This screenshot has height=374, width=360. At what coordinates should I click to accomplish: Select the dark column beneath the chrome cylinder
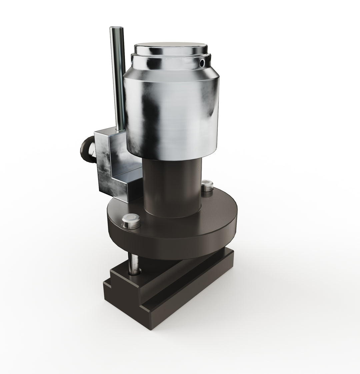(x=172, y=187)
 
